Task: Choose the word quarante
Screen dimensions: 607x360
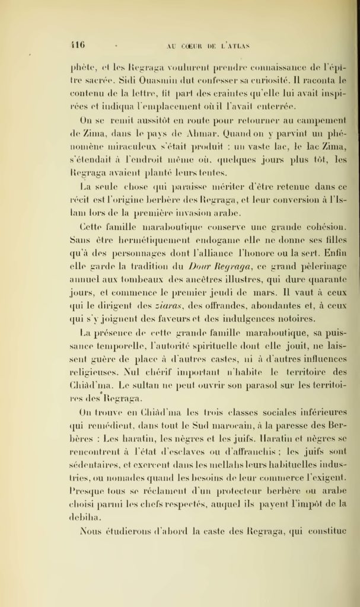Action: pyautogui.click(x=321, y=280)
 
